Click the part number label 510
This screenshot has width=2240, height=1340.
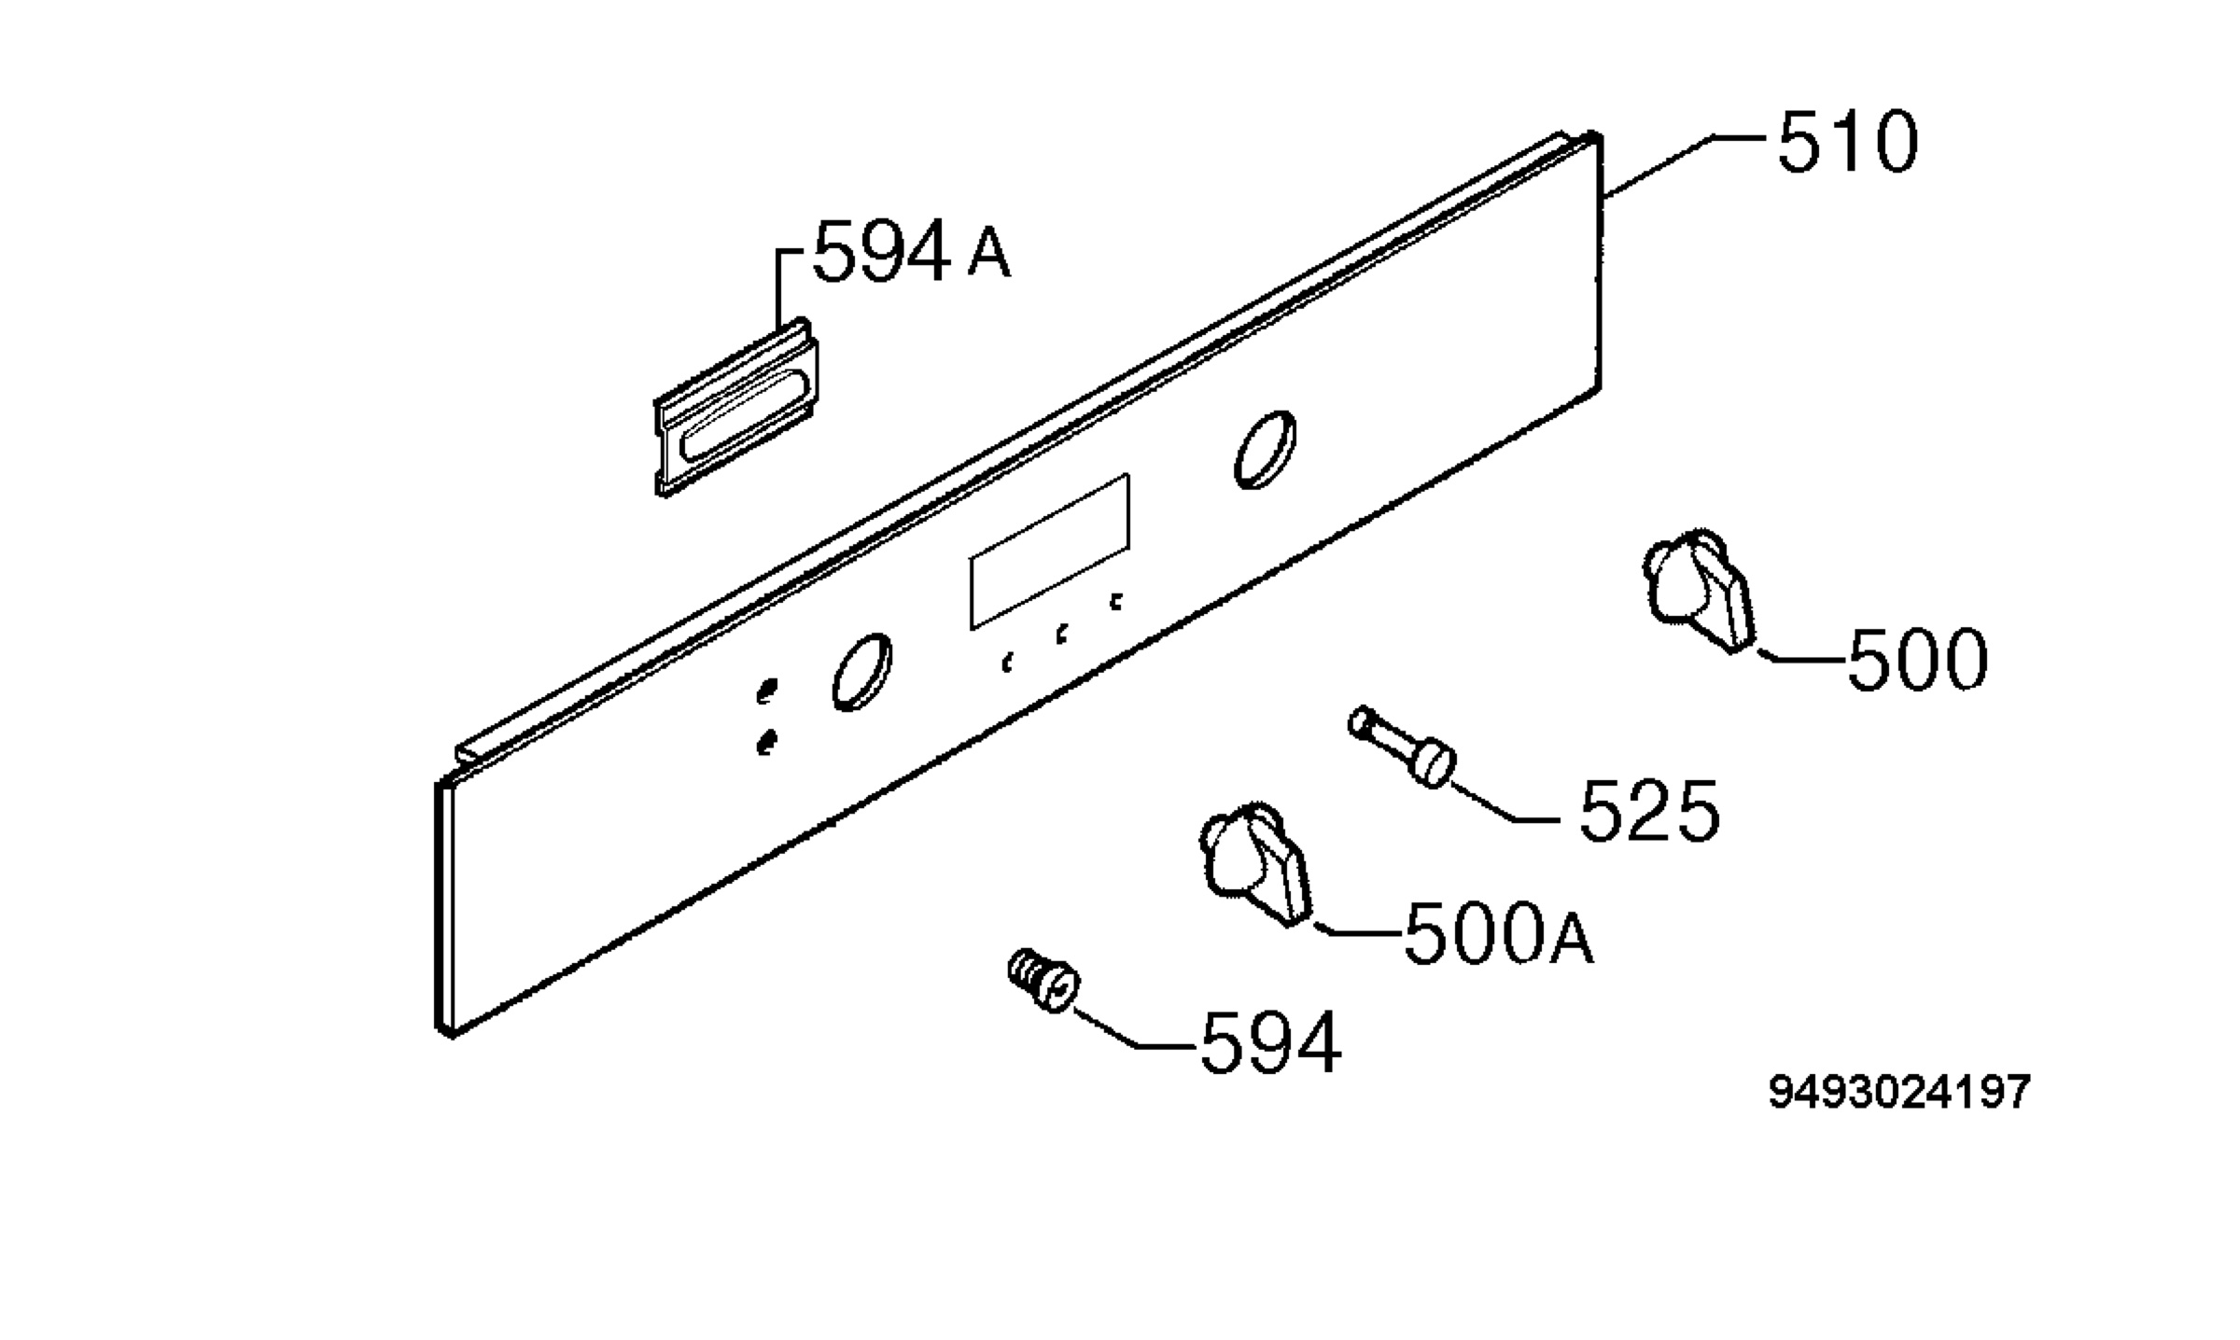tap(1847, 143)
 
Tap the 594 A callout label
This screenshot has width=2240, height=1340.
tap(912, 251)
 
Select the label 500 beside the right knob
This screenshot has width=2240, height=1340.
tap(1917, 660)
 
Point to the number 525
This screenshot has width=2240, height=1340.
tap(1648, 811)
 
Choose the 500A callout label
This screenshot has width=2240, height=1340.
tap(1499, 933)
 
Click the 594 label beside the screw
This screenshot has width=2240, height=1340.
tap(1270, 1042)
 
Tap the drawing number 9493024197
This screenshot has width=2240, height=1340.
tap(1899, 1092)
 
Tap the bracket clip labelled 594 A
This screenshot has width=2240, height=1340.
tap(736, 408)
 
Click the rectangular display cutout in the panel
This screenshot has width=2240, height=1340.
tap(1050, 551)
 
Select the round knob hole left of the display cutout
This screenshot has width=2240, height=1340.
tap(861, 672)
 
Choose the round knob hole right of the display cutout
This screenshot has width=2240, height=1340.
tap(1265, 450)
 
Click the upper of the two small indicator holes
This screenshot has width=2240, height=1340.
tap(766, 691)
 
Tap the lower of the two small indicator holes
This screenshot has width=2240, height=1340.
tap(766, 743)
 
